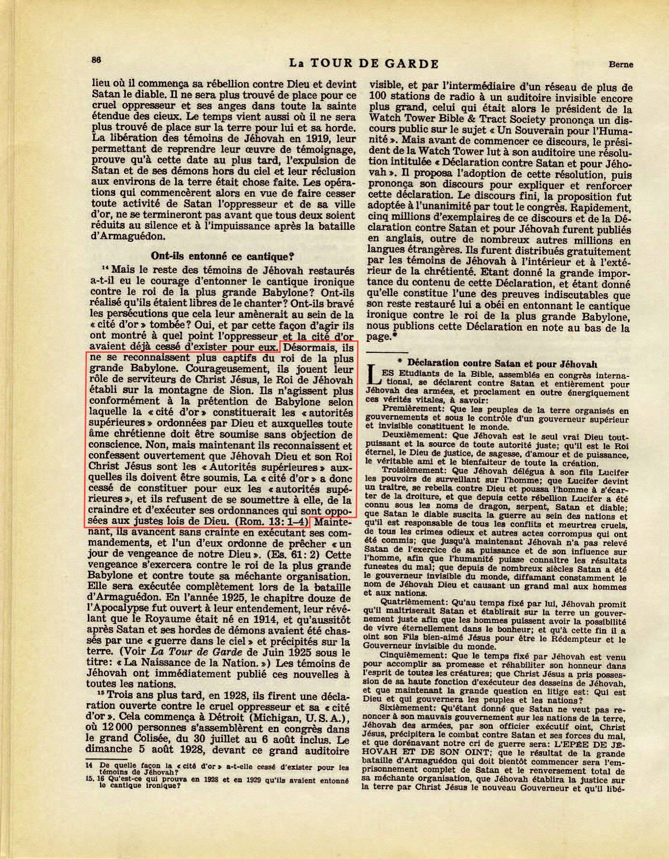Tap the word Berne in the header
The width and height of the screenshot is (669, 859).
coord(620,64)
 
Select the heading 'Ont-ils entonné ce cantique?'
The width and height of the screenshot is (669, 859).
coord(223,256)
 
